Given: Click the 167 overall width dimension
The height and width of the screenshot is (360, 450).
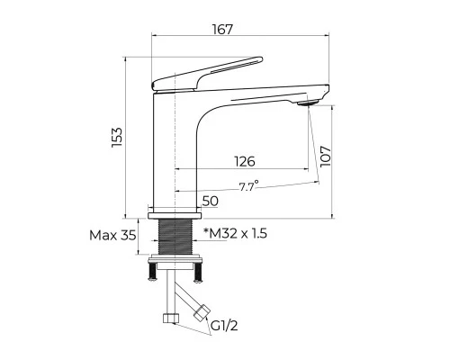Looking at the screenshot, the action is pyautogui.click(x=222, y=30).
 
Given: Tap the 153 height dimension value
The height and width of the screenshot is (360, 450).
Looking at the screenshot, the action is pyautogui.click(x=117, y=138).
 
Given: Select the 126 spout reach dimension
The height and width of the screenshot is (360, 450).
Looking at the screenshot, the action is pyautogui.click(x=245, y=161).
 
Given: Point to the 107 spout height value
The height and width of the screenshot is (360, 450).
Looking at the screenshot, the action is pyautogui.click(x=325, y=157).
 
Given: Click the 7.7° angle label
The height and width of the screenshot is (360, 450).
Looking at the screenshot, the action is pyautogui.click(x=248, y=186).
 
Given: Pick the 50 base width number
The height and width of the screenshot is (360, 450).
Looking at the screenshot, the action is pyautogui.click(x=211, y=201).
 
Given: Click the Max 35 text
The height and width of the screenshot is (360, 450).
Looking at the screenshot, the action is pyautogui.click(x=112, y=236).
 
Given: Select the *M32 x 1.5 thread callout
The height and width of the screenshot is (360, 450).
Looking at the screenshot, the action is pyautogui.click(x=235, y=233).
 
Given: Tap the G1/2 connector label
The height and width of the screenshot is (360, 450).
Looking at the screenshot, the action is pyautogui.click(x=224, y=326).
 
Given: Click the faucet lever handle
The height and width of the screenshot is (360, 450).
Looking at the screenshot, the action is pyautogui.click(x=207, y=74).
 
